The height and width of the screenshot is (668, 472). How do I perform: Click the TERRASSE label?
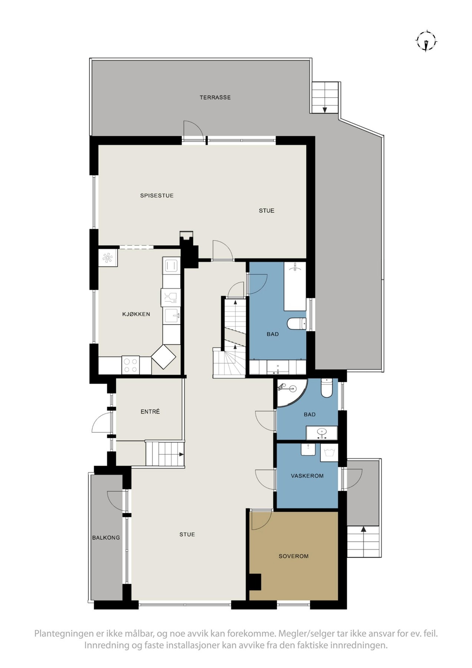[x=215, y=98]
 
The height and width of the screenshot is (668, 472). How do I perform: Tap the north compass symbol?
[x=427, y=41]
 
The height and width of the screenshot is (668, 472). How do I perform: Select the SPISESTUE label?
[x=156, y=196]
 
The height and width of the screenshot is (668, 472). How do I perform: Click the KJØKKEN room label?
[x=136, y=314]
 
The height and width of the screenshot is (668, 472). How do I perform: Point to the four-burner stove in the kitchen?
[x=131, y=365]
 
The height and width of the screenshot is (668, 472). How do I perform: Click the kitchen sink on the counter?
[x=171, y=315]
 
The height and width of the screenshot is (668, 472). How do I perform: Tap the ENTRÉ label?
[x=150, y=412]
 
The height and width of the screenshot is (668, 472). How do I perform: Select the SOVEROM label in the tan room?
[x=293, y=556]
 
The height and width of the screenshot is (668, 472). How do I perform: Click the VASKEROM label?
[x=307, y=476]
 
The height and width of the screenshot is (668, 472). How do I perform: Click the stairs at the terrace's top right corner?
[x=325, y=97]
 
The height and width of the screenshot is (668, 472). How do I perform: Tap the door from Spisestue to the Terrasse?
[x=193, y=131]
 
